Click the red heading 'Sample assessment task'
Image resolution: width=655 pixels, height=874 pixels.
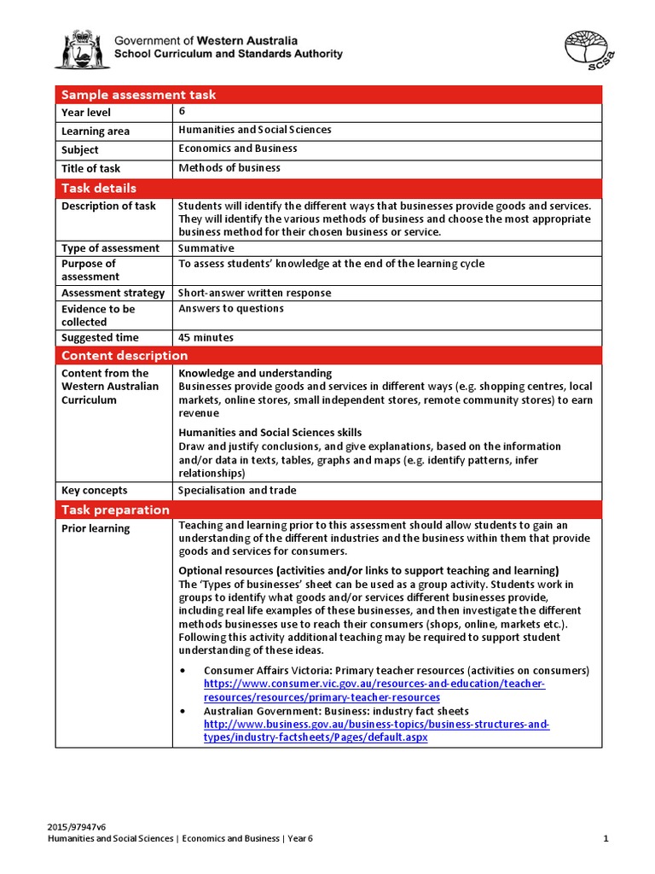[139, 95]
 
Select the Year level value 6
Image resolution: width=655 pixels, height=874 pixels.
[182, 111]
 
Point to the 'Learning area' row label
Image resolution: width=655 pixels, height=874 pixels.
[94, 131]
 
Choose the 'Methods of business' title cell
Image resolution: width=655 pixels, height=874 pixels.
[229, 168]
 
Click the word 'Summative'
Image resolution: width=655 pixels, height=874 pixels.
[206, 248]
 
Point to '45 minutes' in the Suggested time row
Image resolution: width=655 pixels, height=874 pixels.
[206, 338]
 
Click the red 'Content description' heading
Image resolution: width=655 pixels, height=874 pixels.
[125, 356]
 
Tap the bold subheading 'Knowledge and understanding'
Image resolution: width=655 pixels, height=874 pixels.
[255, 374]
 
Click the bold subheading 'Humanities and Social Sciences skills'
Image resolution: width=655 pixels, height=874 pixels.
[270, 433]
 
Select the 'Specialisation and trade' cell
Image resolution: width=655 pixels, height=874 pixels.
[237, 491]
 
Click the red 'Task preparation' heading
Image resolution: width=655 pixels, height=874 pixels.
[115, 510]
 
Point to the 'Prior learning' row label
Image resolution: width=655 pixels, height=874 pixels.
[96, 528]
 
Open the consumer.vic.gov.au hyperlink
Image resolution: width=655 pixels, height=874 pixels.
[374, 690]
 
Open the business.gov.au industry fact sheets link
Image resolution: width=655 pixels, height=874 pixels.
[375, 731]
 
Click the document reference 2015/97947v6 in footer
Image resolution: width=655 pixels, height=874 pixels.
[76, 827]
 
